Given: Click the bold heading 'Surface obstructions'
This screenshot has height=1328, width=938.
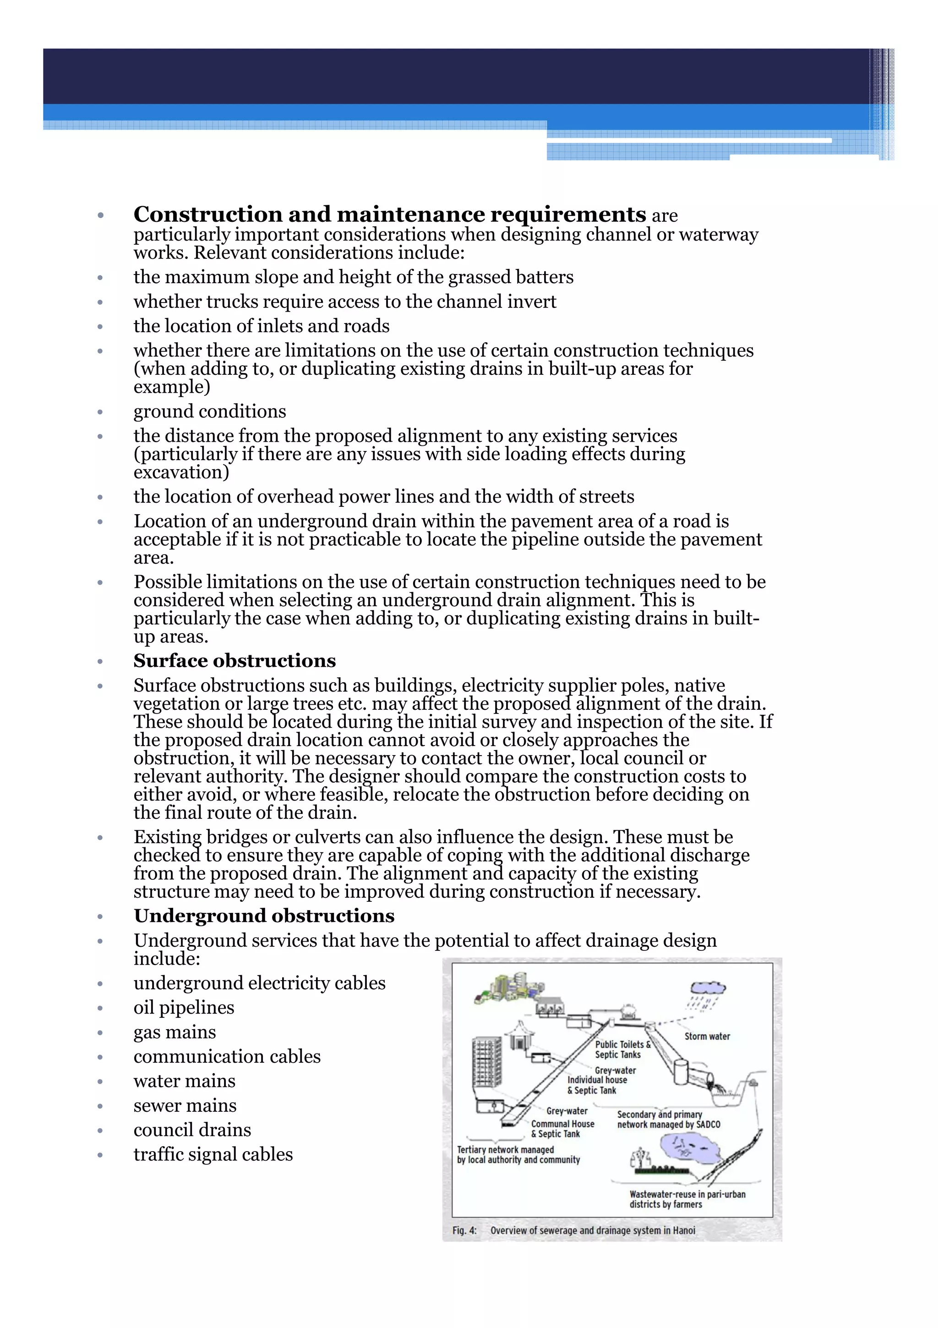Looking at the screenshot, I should (234, 660).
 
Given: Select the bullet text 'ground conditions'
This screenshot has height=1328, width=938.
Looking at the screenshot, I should (209, 411).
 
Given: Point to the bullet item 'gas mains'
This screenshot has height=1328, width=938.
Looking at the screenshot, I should (175, 1032).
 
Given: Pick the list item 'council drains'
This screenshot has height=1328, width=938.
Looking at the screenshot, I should (192, 1130).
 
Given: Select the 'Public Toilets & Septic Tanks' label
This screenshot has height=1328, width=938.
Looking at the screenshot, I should (622, 1049).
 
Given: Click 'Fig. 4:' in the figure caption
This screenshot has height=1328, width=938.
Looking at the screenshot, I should (464, 1230).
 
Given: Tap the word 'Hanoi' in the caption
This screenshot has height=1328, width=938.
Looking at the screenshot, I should (684, 1230).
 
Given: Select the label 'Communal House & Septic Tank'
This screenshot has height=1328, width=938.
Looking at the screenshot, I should (562, 1129).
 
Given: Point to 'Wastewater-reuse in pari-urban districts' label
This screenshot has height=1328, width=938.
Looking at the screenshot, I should (687, 1199).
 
